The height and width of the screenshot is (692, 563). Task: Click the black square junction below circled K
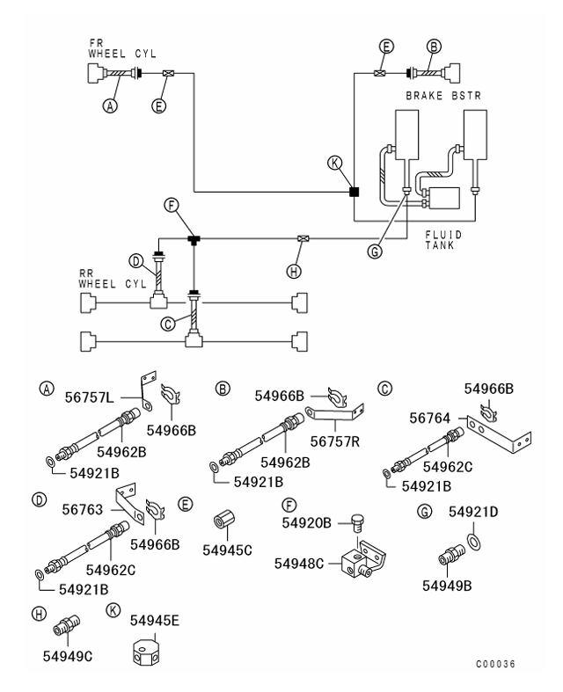353,191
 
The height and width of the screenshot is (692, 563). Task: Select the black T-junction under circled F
193,238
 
